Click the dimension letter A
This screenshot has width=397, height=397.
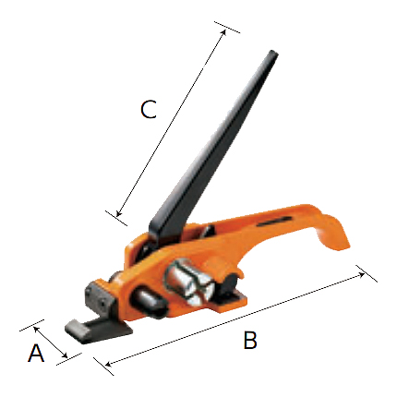tap(36, 353)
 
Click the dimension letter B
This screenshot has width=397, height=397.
tap(250, 340)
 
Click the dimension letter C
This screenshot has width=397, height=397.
tap(149, 109)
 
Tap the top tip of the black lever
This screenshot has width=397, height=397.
tap(273, 53)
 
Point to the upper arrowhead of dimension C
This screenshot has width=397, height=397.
tap(223, 32)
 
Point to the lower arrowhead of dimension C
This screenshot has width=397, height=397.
tap(119, 213)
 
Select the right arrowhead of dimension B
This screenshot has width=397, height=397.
tap(362, 275)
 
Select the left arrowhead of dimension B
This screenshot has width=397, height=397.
tap(108, 364)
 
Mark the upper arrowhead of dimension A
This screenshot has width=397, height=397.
tap(36, 330)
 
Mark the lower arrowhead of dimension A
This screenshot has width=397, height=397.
tap(65, 355)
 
